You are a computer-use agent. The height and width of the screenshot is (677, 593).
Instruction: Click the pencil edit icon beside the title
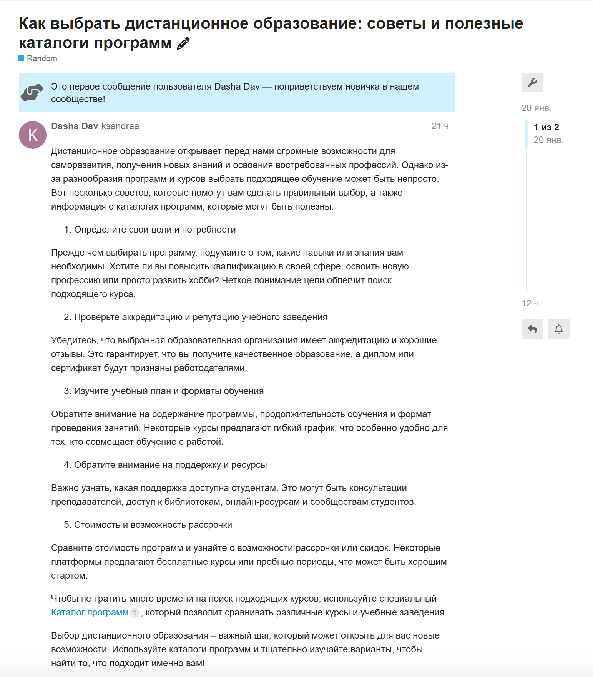pyautogui.click(x=183, y=43)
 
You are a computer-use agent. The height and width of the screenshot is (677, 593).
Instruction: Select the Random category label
pyautogui.click(x=42, y=58)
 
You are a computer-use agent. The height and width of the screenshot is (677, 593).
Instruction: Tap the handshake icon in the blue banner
pyautogui.click(x=32, y=93)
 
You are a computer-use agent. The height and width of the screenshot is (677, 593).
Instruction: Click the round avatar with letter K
pyautogui.click(x=33, y=135)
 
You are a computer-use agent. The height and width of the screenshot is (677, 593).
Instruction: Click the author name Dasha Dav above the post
pyautogui.click(x=75, y=126)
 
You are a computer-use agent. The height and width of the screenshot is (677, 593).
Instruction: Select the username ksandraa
pyautogui.click(x=120, y=126)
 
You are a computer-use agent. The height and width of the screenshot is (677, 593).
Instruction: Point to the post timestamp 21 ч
pyautogui.click(x=440, y=126)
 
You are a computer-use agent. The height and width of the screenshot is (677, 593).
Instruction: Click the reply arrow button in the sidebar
pyautogui.click(x=532, y=329)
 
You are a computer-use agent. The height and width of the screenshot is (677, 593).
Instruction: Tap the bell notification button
pyautogui.click(x=559, y=329)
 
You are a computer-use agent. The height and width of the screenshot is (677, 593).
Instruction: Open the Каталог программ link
pyautogui.click(x=90, y=612)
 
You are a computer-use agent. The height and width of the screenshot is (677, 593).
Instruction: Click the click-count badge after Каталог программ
pyautogui.click(x=135, y=612)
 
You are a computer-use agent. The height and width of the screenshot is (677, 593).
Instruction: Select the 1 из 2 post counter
pyautogui.click(x=546, y=127)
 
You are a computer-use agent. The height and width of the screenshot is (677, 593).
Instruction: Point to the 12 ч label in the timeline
pyautogui.click(x=530, y=303)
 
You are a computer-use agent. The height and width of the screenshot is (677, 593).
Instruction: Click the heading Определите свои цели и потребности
pyautogui.click(x=155, y=230)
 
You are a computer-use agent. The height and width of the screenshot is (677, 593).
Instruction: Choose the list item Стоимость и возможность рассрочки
pyautogui.click(x=153, y=525)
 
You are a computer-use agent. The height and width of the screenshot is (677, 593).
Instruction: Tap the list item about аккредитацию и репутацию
pyautogui.click(x=200, y=317)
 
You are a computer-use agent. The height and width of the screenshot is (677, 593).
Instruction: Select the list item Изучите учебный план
pyautogui.click(x=169, y=391)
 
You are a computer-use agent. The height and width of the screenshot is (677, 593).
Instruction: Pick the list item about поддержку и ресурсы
pyautogui.click(x=170, y=465)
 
